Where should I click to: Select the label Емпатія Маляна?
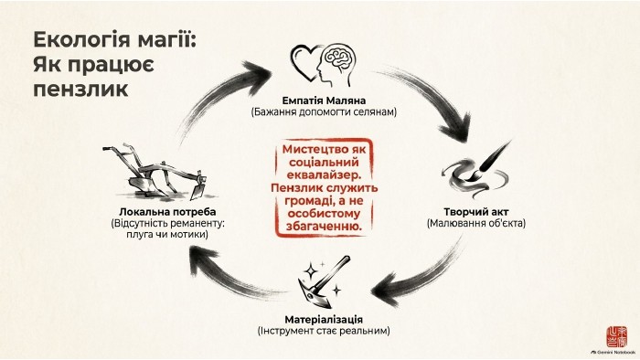click(324, 101)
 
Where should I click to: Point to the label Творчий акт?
click(476, 212)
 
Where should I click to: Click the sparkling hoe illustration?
click(324, 281)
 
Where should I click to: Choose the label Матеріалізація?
click(324, 319)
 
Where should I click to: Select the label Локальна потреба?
click(167, 212)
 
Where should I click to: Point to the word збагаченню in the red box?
click(324, 227)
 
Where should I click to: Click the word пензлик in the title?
click(80, 89)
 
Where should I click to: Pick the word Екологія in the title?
click(81, 39)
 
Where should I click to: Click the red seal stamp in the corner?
click(616, 336)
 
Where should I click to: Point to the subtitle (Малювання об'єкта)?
click(476, 224)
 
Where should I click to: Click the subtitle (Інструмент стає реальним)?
click(324, 331)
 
